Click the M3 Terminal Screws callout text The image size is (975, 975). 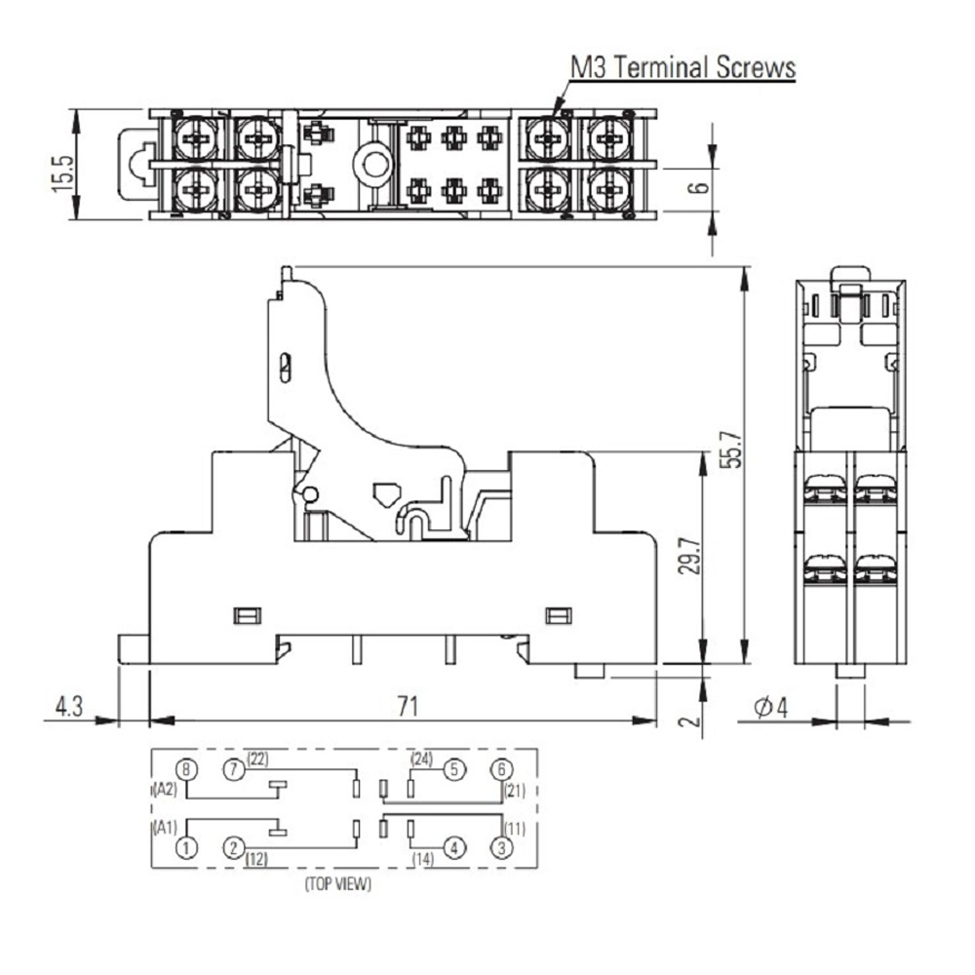click(x=682, y=67)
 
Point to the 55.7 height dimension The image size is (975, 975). click(x=733, y=448)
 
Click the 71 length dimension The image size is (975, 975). click(x=408, y=706)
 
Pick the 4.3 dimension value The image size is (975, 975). click(x=69, y=706)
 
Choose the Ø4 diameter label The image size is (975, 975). click(x=771, y=707)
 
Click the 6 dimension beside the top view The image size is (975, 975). click(x=701, y=186)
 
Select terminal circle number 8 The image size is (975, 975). click(x=186, y=770)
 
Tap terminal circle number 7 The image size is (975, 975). click(x=234, y=770)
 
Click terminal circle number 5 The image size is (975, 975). click(x=454, y=770)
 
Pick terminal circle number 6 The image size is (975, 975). click(x=501, y=770)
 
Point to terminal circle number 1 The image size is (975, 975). click(x=186, y=848)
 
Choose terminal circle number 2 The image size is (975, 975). click(x=234, y=848)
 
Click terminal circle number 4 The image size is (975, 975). click(x=454, y=848)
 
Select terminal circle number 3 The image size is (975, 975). click(x=501, y=848)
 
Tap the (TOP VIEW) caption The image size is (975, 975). click(x=337, y=884)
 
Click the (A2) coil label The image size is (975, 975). click(x=166, y=791)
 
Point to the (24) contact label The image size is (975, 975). click(x=421, y=759)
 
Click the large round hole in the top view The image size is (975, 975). click(x=373, y=165)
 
